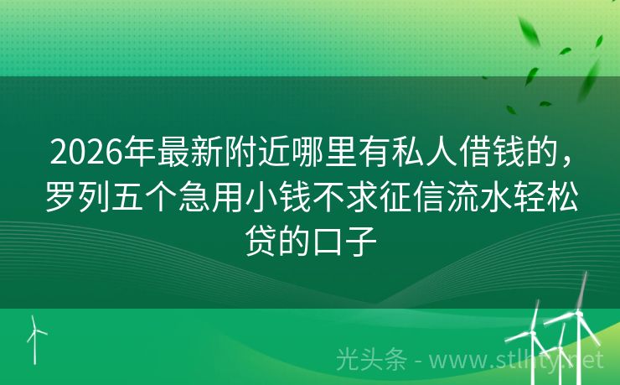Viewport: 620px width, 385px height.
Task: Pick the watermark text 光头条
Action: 366,360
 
